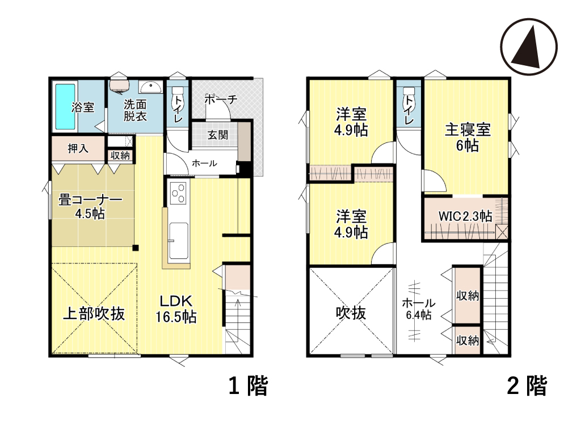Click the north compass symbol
pos(529,47)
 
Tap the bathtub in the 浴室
pos(65,107)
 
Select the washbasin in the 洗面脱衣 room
pos(150,87)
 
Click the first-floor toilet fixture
pos(178,91)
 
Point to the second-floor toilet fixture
pos(409,91)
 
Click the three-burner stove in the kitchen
pos(178,193)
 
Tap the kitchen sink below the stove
pos(178,241)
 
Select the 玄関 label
pos(217,135)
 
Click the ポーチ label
pos(221,99)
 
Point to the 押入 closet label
pos(78,149)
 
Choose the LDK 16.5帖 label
pos(176,308)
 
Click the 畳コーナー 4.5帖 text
pos(90,207)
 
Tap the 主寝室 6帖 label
pos(468,137)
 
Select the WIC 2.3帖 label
pos(465,216)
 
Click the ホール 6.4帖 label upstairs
pos(419,309)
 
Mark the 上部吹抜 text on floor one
pos(94,313)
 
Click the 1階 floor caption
pos(248,385)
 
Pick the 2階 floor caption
pos(527,385)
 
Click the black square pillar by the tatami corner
pos(136,248)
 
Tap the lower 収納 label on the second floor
pos(468,341)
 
